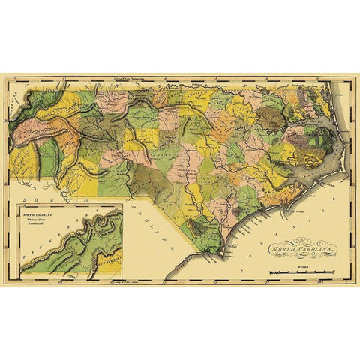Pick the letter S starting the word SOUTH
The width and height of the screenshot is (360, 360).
click(25, 201)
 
